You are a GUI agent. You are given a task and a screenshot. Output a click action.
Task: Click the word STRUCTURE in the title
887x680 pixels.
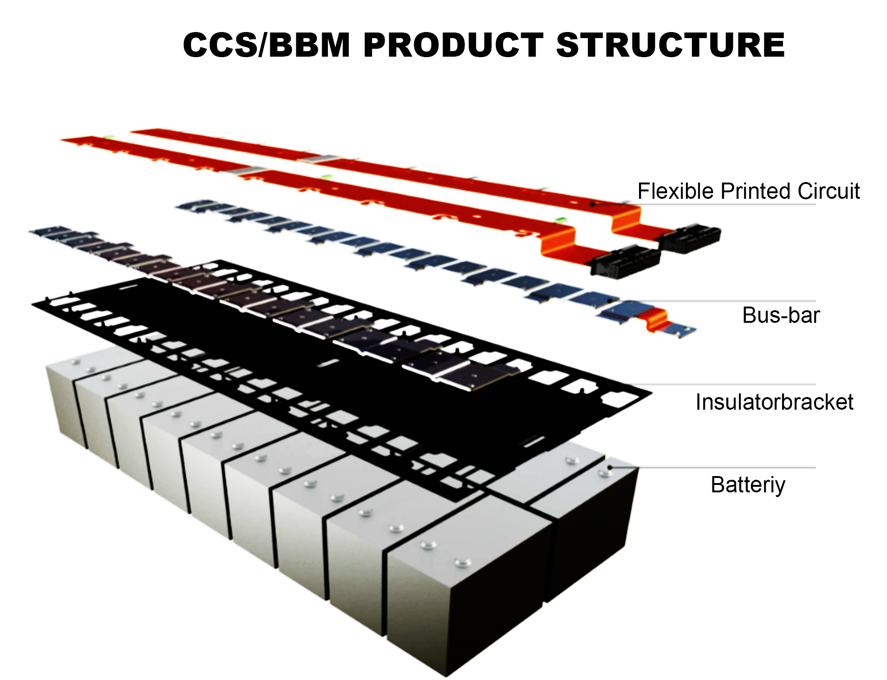click(670, 45)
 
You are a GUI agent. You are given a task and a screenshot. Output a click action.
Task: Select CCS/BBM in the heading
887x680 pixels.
click(267, 45)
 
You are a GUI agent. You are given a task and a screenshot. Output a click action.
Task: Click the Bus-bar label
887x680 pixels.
click(781, 315)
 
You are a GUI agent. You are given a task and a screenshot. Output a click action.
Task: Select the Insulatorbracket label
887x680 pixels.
click(774, 402)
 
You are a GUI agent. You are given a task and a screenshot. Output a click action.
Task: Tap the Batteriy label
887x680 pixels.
click(748, 485)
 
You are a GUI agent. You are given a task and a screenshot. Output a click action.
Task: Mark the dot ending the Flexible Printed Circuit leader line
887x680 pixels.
click(592, 203)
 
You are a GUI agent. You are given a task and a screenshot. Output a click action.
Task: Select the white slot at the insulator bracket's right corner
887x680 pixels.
click(618, 399)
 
